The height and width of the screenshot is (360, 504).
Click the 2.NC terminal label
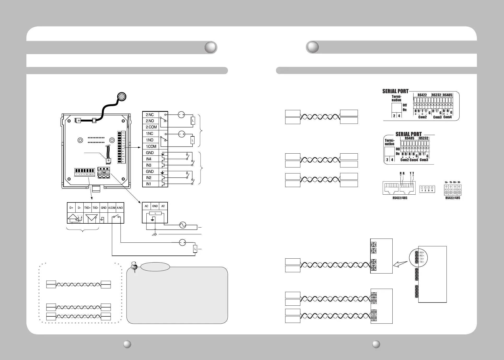click(150, 115)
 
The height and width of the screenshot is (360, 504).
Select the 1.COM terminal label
click(151, 146)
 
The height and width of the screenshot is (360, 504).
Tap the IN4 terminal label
click(149, 159)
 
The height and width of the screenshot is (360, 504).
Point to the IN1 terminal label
click(149, 184)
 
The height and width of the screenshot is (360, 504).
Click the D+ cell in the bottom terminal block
click(71, 208)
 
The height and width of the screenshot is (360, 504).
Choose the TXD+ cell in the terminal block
click(87, 208)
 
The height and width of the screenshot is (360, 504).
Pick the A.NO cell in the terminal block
click(120, 208)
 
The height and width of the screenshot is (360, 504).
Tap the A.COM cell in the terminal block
click(112, 208)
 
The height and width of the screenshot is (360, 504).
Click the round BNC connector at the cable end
click(122, 97)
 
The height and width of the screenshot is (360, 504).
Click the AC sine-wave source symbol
click(183, 225)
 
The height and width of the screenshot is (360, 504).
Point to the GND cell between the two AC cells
click(155, 206)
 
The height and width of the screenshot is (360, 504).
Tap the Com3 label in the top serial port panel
click(437, 117)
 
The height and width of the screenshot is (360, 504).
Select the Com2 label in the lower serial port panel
click(404, 160)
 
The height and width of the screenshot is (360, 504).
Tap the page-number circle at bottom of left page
click(127, 344)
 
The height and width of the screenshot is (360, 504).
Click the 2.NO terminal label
click(150, 121)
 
